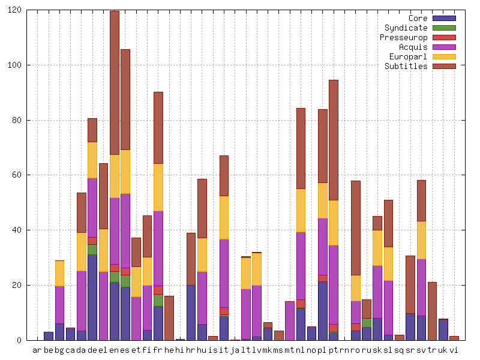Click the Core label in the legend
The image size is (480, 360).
(x=418, y=18)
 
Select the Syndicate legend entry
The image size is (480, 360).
(x=406, y=28)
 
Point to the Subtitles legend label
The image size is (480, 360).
(x=406, y=66)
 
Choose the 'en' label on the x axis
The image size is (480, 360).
(x=114, y=350)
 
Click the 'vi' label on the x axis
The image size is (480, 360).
(x=454, y=350)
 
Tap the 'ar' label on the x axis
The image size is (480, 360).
(x=37, y=350)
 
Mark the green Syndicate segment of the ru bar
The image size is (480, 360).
(x=367, y=323)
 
